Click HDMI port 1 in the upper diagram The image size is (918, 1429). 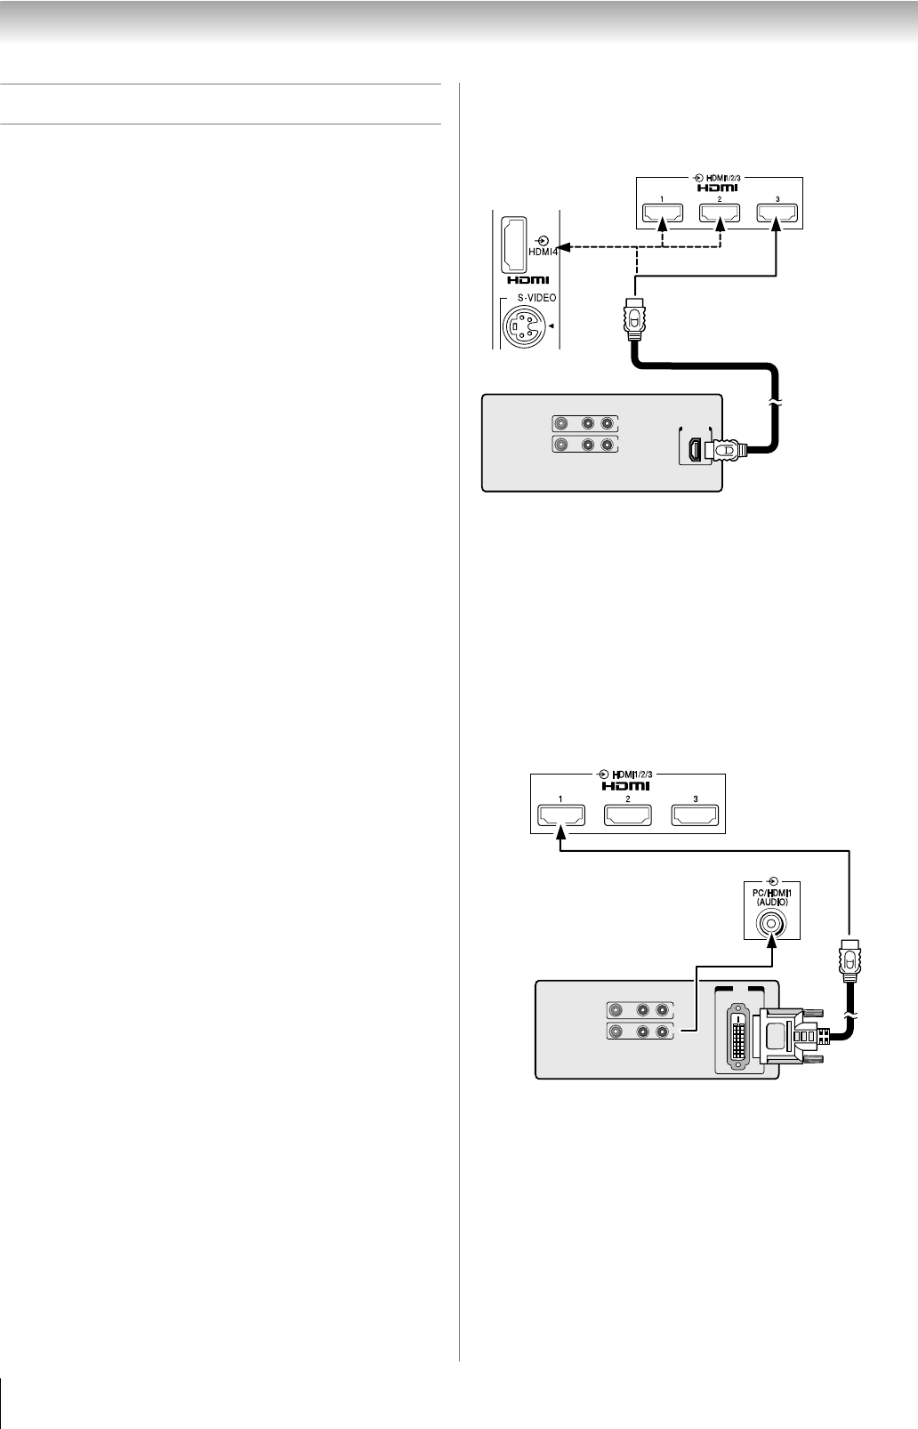coord(662,213)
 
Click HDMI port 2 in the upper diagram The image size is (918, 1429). coord(720,213)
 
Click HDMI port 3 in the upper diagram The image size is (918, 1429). coord(777,213)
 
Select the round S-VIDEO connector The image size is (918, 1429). coord(522,327)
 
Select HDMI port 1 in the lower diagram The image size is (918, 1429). coord(560,815)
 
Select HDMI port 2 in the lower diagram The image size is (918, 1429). coord(628,815)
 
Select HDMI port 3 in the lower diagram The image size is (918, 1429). coord(695,815)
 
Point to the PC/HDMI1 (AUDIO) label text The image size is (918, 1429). coord(771,896)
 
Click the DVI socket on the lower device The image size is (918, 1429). coord(739,1035)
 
